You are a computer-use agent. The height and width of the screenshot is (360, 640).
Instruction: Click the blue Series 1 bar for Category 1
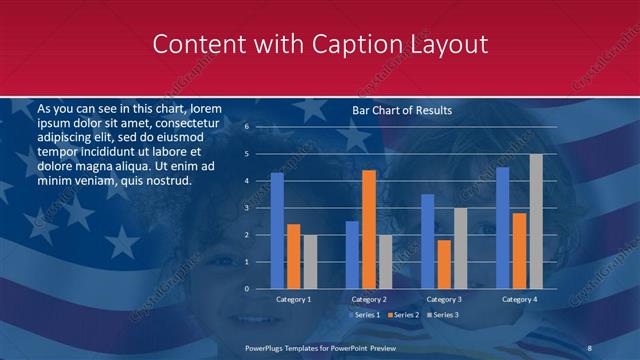[x=277, y=231]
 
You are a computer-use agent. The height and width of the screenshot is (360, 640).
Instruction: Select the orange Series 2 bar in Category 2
[x=368, y=229]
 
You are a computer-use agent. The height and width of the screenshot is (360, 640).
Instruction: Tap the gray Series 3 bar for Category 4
[x=536, y=221]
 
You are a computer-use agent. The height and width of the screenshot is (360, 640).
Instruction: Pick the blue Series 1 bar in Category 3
[x=427, y=241]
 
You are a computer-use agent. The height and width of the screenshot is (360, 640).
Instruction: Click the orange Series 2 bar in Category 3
[x=443, y=264]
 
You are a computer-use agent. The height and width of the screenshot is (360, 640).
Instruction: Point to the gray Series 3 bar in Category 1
[x=309, y=262]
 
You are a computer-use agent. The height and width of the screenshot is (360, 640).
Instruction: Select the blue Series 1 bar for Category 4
[x=503, y=228]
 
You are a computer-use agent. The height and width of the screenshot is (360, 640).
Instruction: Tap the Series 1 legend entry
[x=364, y=315]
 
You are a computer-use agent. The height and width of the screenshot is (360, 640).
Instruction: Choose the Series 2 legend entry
[x=405, y=315]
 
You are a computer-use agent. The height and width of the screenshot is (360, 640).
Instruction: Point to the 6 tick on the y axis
[x=246, y=127]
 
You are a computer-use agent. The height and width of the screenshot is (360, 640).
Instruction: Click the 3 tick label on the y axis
[x=246, y=208]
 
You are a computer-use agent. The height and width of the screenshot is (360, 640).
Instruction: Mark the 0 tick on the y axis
[x=246, y=289]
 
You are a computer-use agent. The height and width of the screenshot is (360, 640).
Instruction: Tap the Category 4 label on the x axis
[x=518, y=299]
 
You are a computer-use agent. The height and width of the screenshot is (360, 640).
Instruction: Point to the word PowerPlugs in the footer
[x=266, y=347]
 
